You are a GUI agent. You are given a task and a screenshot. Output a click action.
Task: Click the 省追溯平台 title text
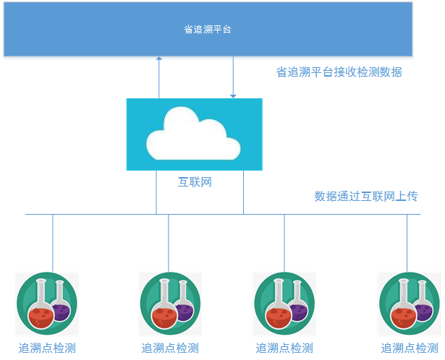click(x=207, y=30)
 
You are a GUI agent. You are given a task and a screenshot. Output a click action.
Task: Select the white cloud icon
click(x=194, y=133)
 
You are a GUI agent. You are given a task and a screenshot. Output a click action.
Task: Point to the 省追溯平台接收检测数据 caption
click(x=339, y=72)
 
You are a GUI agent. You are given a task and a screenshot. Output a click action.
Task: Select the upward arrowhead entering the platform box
click(x=158, y=60)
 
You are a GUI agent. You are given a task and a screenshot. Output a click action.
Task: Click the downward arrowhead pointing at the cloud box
click(x=233, y=95)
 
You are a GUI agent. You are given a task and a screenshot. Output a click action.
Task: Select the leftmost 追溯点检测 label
click(x=47, y=348)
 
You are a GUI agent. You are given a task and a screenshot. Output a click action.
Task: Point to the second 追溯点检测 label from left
click(x=169, y=348)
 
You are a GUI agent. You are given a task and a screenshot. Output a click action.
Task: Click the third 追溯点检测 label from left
click(x=284, y=348)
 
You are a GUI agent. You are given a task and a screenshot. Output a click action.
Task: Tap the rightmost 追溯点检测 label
click(x=410, y=348)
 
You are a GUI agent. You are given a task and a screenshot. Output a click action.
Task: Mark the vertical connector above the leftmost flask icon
click(x=53, y=243)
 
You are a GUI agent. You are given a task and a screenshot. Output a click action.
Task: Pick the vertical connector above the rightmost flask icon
click(x=407, y=243)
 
